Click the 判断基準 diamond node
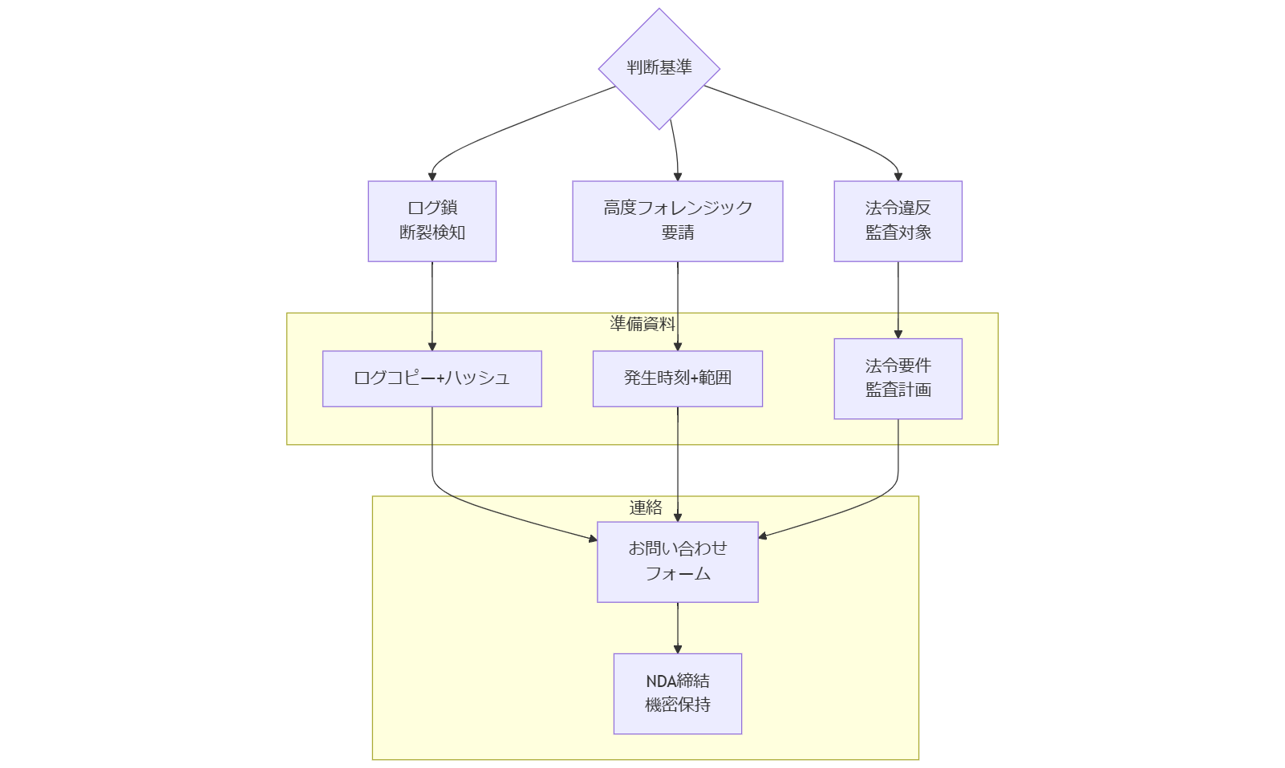pos(659,68)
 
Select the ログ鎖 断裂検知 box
pos(432,220)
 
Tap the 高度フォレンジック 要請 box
pos(677,220)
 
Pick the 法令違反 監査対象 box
pos(898,220)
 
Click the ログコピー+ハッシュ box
pos(432,378)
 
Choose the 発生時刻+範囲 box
pos(677,378)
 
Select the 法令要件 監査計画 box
pos(898,378)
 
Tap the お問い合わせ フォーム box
pos(677,561)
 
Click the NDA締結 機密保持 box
pos(677,693)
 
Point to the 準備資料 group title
pos(642,324)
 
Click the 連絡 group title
pos(645,507)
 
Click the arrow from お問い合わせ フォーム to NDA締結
pos(677,627)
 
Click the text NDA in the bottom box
pos(661,681)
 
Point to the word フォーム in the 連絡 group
pos(677,574)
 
